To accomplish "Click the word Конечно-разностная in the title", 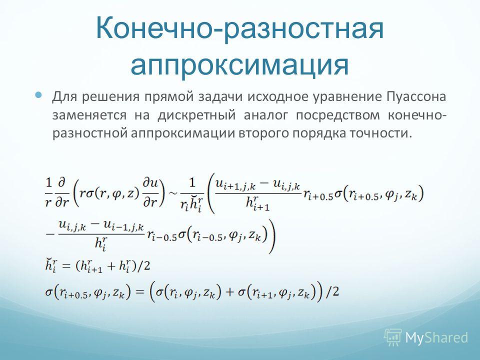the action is coord(239,28).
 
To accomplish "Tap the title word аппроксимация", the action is coord(239,64).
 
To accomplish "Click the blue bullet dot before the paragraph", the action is coord(38,94).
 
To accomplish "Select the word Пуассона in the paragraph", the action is coord(416,96).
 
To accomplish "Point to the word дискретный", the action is coord(196,115).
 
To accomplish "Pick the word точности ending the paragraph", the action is coord(378,133).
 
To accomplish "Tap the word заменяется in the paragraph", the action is coord(89,115).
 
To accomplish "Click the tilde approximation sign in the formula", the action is coord(173,193).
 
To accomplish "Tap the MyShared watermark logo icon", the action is coord(393,337).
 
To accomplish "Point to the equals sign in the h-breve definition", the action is coord(66,266).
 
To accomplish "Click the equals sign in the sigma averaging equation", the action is coord(139,291).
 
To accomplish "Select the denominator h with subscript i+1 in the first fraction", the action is coord(257,203).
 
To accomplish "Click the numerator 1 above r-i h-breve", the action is coord(192,183).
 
